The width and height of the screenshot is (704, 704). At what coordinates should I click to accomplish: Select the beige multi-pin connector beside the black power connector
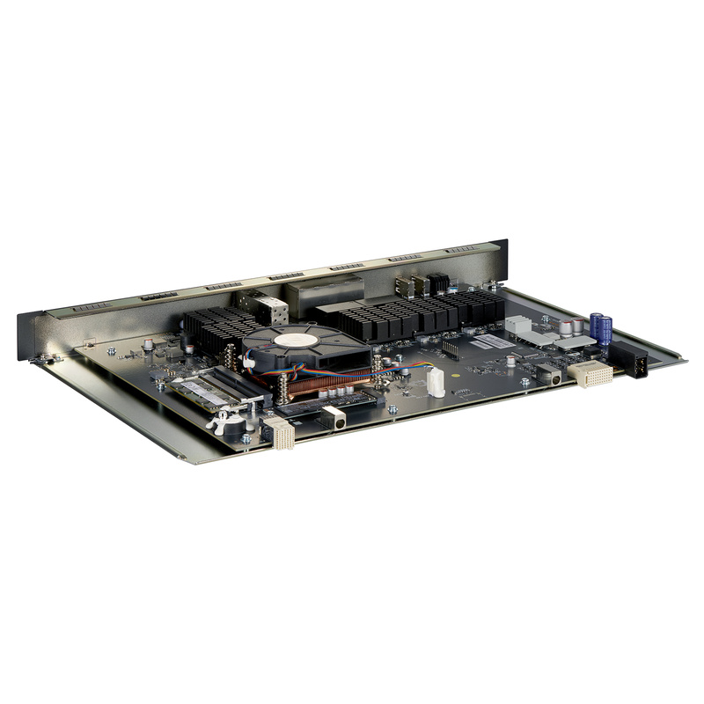pos(588,372)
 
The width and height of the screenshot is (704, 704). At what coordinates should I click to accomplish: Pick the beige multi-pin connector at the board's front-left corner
pos(280,432)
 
